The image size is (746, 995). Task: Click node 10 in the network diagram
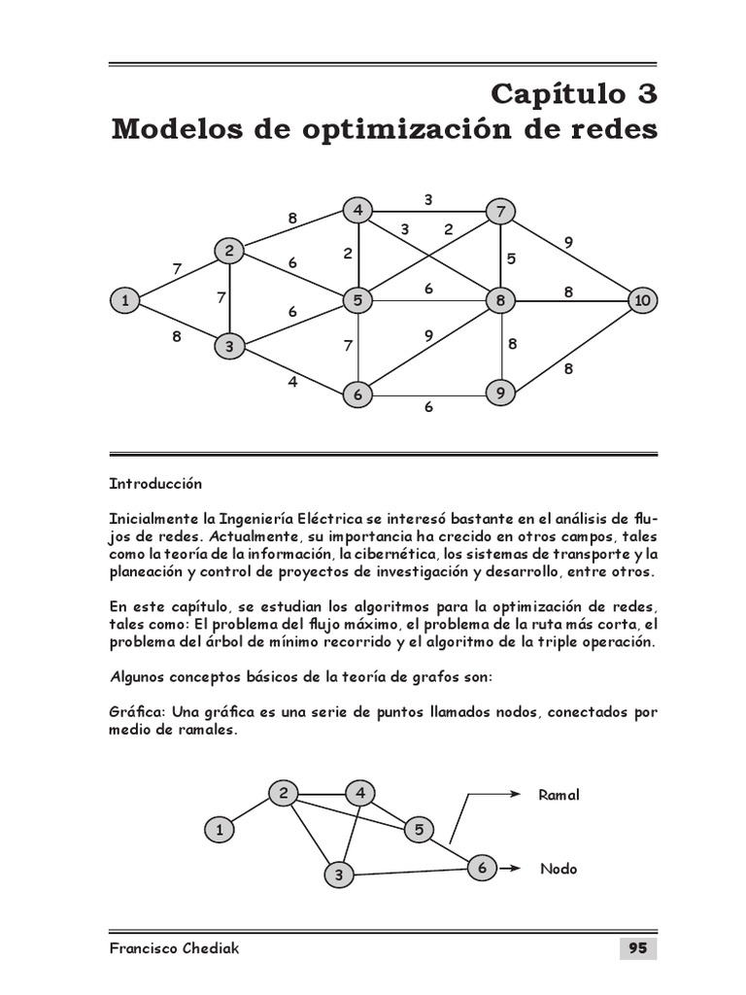[642, 301]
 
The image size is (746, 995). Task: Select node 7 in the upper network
[501, 211]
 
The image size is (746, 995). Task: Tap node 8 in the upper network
[501, 301]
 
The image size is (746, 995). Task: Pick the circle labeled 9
[500, 394]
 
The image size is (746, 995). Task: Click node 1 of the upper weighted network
[124, 301]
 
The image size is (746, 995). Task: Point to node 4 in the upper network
[358, 210]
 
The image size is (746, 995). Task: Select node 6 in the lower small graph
[482, 867]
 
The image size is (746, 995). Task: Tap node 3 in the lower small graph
[339, 875]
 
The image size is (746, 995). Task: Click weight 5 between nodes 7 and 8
[511, 258]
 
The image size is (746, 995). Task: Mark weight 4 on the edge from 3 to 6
[291, 382]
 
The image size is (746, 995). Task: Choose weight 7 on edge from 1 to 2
[177, 268]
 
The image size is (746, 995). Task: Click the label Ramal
[559, 795]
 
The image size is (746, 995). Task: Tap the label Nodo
[559, 869]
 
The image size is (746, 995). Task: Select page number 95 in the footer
[637, 948]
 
